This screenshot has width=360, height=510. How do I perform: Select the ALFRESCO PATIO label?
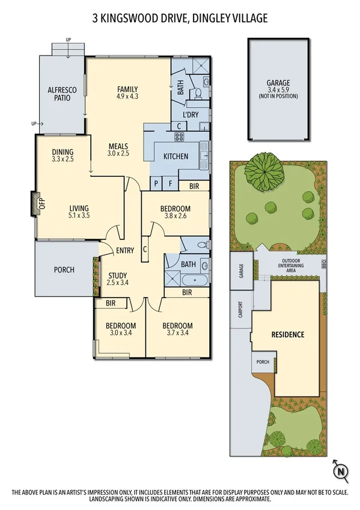click(63, 93)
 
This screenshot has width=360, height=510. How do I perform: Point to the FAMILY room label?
click(128, 90)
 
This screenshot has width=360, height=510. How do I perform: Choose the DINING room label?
click(62, 155)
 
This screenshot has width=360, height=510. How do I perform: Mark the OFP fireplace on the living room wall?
click(34, 203)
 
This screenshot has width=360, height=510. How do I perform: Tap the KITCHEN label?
click(176, 156)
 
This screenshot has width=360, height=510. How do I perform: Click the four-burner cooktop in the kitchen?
click(178, 137)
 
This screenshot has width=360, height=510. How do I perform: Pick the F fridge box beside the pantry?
click(170, 183)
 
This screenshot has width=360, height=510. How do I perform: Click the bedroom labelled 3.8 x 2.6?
click(175, 213)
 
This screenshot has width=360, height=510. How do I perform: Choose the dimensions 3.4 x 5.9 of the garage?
click(278, 90)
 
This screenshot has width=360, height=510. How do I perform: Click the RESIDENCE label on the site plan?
click(287, 334)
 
